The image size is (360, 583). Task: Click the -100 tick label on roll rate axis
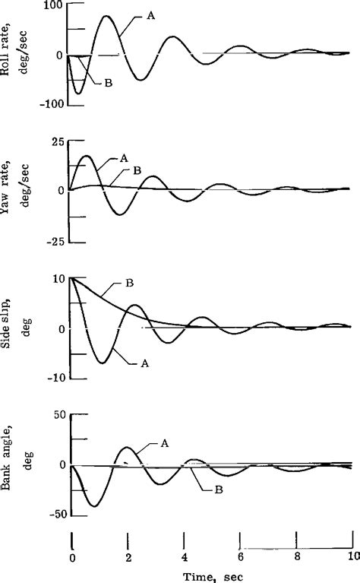pos(49,103)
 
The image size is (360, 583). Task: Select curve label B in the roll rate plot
pos(109,83)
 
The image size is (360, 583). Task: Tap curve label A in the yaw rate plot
pos(123,158)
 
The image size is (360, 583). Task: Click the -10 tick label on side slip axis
pos(52,378)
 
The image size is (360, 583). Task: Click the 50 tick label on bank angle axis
pos(55,415)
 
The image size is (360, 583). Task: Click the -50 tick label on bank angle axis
pos(52,515)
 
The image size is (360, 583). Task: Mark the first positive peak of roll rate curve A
pos(106,16)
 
